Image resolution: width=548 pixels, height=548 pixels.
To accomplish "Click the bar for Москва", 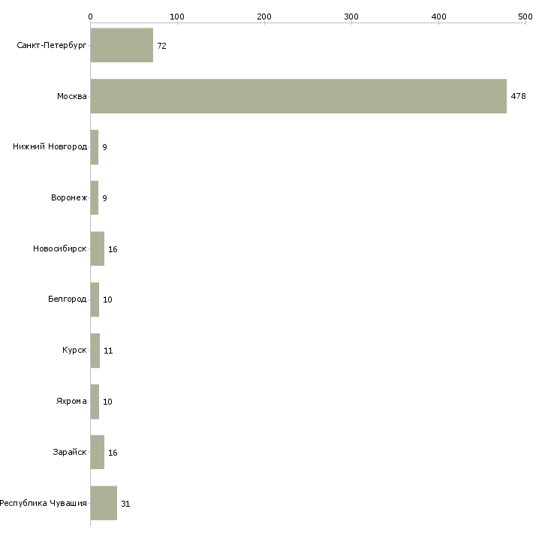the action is [299, 96].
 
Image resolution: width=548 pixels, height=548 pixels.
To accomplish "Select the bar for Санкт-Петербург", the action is [122, 45].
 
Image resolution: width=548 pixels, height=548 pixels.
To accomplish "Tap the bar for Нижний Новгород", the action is [95, 147].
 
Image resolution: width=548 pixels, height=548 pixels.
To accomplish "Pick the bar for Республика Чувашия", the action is [104, 503].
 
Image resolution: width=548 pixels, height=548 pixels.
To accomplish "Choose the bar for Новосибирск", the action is [98, 248].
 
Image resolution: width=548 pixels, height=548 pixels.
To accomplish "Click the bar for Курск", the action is [95, 351].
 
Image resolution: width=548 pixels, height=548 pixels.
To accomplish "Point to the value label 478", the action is [518, 96].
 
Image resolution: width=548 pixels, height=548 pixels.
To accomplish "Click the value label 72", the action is [162, 46].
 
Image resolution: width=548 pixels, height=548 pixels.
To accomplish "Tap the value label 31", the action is [125, 504].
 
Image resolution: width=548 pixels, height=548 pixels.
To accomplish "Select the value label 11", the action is [108, 351].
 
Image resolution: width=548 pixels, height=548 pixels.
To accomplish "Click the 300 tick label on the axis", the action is [351, 17].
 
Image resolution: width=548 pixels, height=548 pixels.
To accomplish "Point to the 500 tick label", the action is [525, 17].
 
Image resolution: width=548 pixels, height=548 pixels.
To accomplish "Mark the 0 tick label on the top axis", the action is [91, 17].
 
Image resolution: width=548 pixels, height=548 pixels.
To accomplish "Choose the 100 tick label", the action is [177, 17].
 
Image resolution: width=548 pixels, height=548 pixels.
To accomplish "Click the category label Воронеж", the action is [69, 198].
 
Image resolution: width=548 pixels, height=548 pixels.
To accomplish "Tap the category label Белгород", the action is [67, 300].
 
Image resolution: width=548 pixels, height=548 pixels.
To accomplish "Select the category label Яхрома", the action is [71, 401].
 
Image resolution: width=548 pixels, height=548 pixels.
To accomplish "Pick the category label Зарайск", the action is [70, 452].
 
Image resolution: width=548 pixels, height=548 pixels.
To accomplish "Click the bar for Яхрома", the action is [95, 402].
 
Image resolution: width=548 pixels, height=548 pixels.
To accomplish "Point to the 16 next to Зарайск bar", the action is [113, 453].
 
